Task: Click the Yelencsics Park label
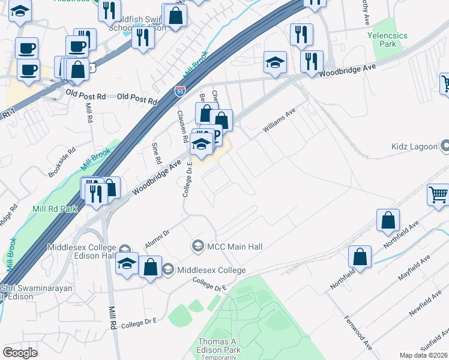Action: [387, 40]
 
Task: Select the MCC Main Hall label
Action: [235, 246]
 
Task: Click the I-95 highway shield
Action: [180, 91]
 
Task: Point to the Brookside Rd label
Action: [62, 163]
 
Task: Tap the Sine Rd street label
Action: [157, 154]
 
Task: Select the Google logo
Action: [20, 353]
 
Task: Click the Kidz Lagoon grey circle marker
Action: [445, 146]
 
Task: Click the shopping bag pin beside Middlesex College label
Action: [150, 268]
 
